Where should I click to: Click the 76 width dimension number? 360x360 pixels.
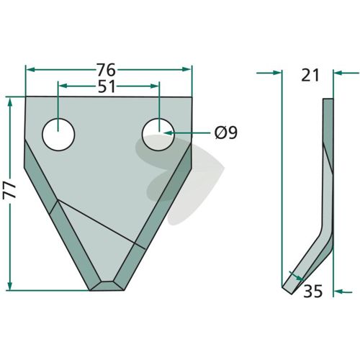(106, 70)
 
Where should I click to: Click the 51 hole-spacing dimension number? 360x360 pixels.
(107, 86)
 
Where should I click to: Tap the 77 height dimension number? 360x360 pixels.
(9, 191)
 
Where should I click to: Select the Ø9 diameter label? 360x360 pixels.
(226, 132)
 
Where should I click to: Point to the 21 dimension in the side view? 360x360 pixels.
(310, 75)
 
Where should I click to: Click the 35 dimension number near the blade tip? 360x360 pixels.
(312, 292)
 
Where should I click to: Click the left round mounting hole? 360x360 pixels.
(58, 135)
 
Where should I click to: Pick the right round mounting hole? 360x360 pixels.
(158, 135)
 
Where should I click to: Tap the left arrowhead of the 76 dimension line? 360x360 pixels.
(30, 70)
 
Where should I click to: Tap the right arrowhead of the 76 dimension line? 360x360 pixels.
(186, 69)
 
